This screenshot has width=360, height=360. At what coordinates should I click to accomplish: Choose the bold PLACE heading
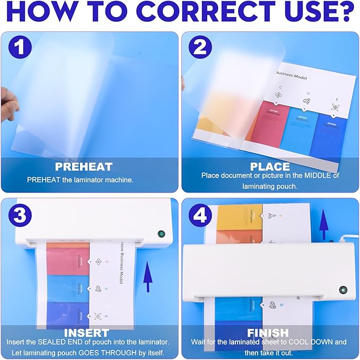pyautogui.click(x=270, y=166)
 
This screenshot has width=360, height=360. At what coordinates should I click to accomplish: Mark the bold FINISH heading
pyautogui.click(x=268, y=333)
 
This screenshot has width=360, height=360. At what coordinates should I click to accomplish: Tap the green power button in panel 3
pyautogui.click(x=161, y=234)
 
